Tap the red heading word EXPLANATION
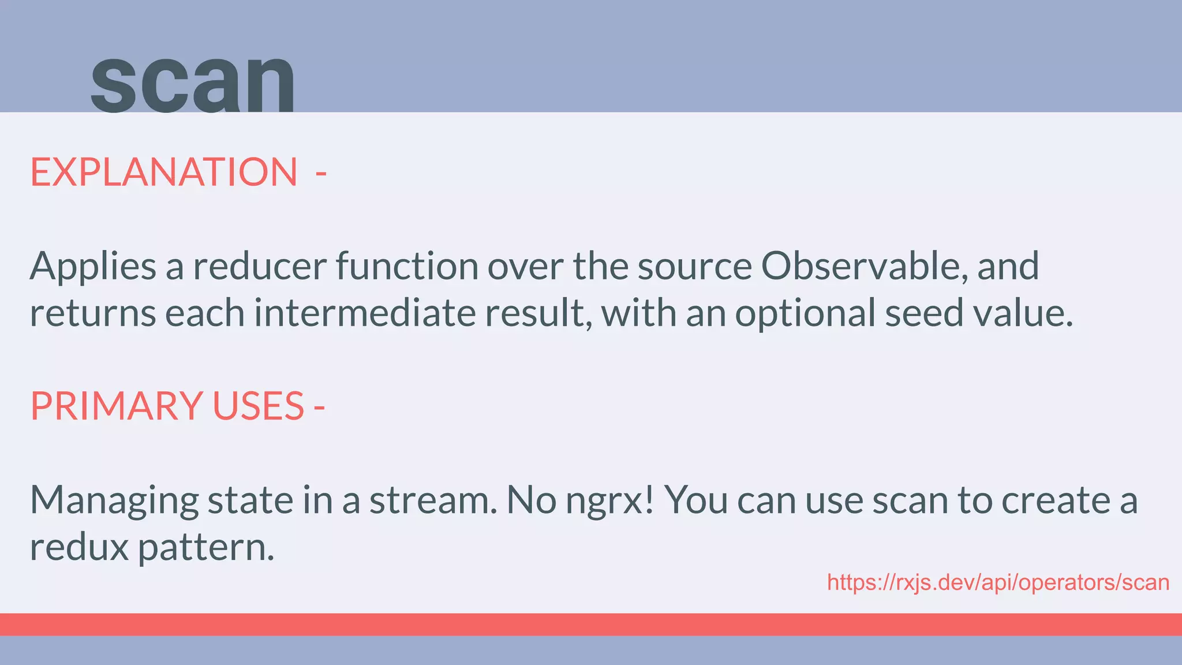click(x=164, y=172)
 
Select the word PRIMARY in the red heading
click(x=117, y=406)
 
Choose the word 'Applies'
click(x=93, y=267)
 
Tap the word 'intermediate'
click(x=365, y=313)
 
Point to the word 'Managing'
click(x=114, y=500)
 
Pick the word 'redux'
click(x=79, y=547)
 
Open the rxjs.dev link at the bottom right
click(x=998, y=582)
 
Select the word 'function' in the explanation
click(x=407, y=266)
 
